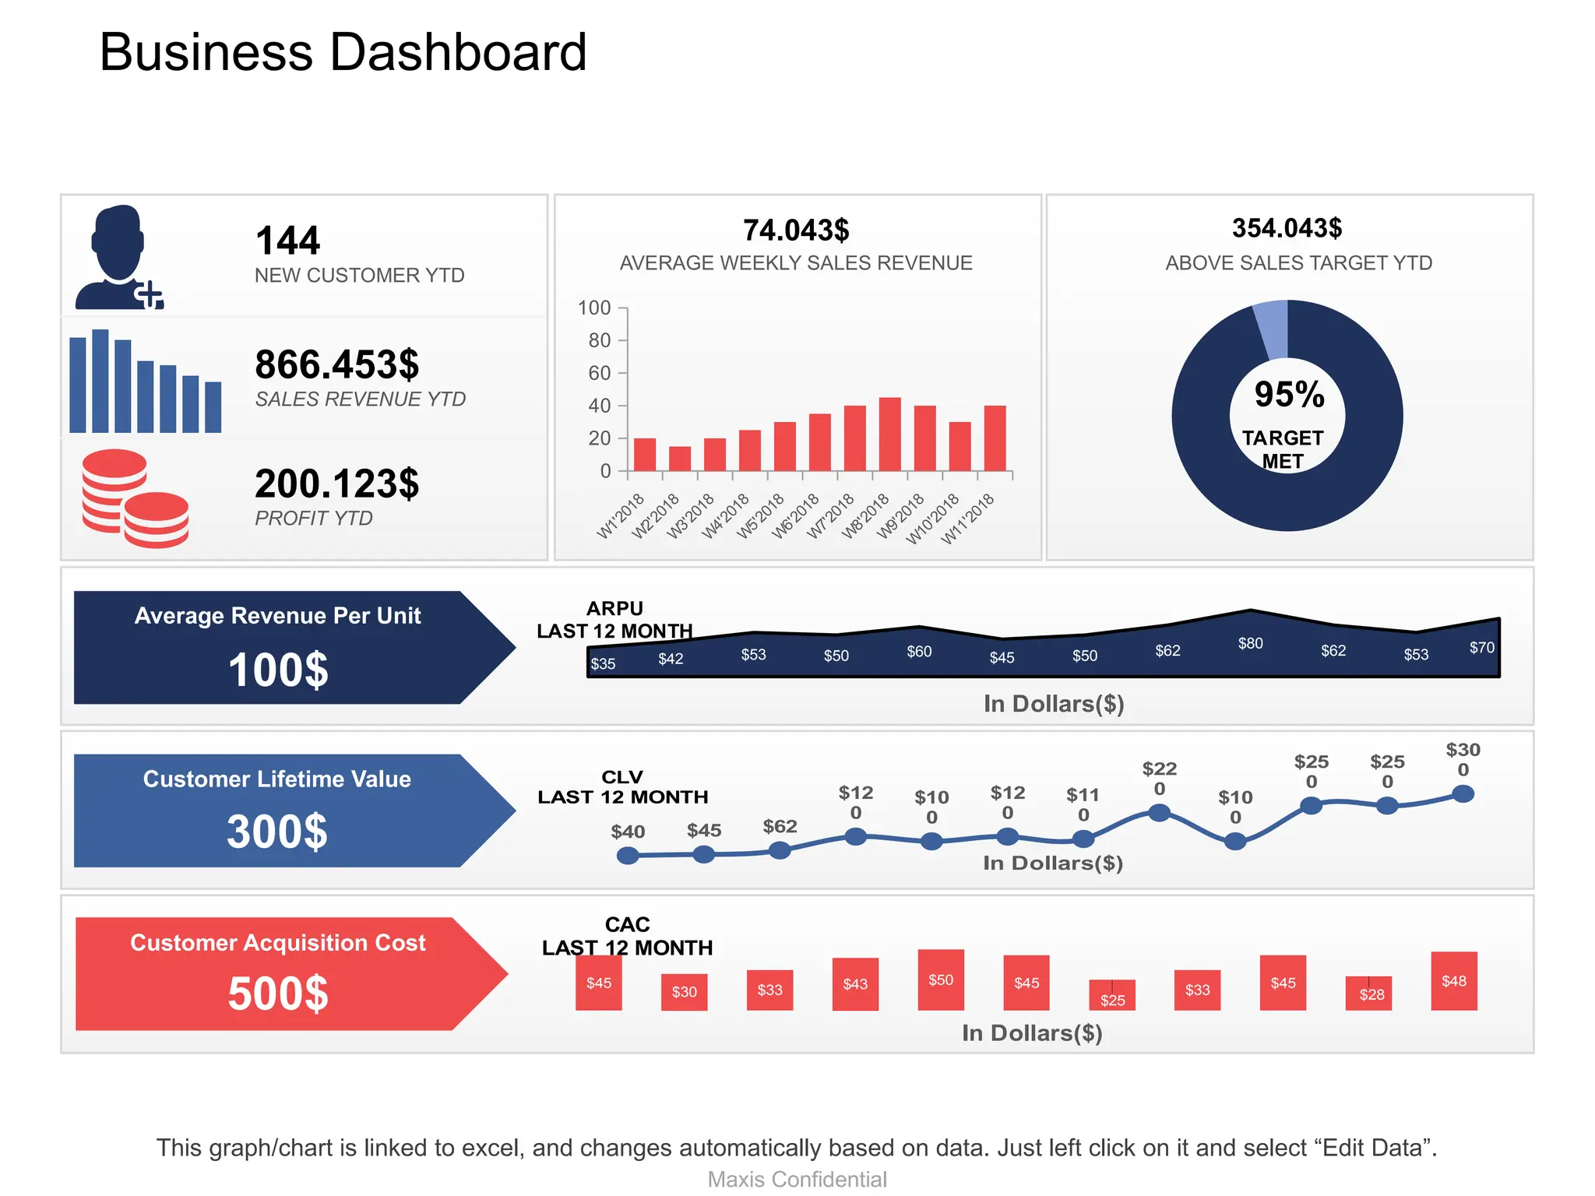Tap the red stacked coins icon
coord(135,499)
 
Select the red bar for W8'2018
coord(889,434)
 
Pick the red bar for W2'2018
coord(679,459)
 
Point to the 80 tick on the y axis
coord(600,340)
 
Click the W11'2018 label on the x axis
coord(968,519)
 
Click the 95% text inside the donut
coord(1289,394)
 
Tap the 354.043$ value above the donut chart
coord(1287,228)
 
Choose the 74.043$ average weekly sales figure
coord(796,230)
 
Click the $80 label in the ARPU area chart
coord(1250,643)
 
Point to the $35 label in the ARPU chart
coord(603,663)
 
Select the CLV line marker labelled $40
coord(628,856)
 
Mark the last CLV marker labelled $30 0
coord(1463,794)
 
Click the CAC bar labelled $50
coord(941,980)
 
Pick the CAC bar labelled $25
coord(1112,995)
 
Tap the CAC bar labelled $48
coord(1453,981)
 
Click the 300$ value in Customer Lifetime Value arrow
coord(277,832)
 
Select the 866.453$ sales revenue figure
coord(337,364)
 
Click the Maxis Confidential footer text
coord(797,1180)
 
